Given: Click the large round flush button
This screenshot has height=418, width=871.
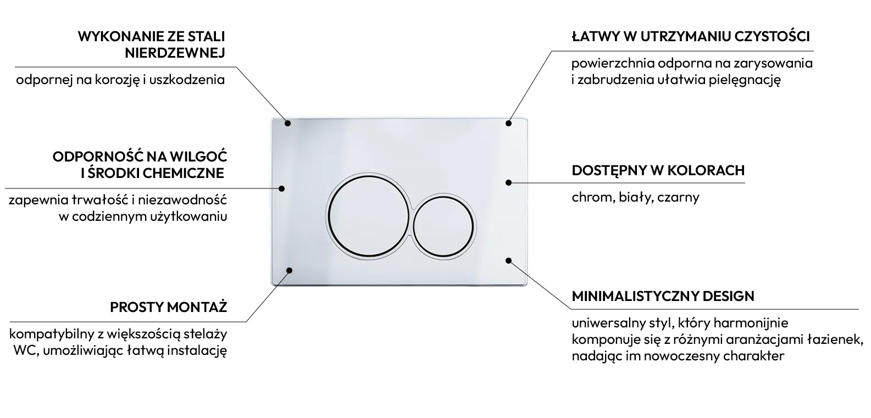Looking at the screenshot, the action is tap(368, 216).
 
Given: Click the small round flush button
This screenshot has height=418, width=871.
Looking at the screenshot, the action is tap(443, 227).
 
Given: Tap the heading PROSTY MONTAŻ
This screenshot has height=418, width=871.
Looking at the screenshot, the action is tap(168, 307).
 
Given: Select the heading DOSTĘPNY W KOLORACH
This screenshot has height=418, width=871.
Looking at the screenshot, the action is tap(658, 171).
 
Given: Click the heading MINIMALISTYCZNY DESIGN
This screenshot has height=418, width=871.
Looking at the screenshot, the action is tap(663, 296).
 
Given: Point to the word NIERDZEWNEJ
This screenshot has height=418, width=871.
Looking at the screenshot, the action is tap(175, 53).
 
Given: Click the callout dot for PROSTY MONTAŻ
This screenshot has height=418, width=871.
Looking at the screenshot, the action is tap(289, 270).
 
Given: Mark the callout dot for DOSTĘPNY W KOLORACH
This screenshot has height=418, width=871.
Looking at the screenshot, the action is tap(509, 182).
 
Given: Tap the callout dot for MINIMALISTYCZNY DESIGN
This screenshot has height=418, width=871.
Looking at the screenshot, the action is tap(509, 260).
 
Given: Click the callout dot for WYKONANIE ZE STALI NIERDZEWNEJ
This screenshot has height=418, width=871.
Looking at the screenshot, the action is tap(287, 123).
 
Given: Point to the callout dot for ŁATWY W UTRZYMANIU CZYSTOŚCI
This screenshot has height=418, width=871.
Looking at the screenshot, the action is tap(509, 123).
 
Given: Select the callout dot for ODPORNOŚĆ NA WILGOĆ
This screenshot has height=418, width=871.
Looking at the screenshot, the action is tap(281, 188).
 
